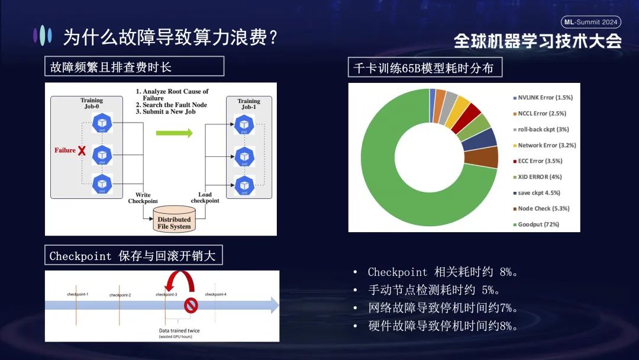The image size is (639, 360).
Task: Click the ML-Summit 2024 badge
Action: (590, 22)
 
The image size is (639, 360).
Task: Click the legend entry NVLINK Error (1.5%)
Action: (545, 98)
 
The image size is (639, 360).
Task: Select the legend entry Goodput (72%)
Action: (538, 224)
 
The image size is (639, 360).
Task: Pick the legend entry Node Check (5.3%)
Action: (543, 208)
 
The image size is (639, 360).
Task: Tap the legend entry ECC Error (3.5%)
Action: (540, 161)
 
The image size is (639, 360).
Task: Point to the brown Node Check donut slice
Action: (488, 157)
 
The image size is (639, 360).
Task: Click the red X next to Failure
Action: (82, 150)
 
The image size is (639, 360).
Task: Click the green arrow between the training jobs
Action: (174, 133)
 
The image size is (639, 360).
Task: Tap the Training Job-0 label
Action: (91, 104)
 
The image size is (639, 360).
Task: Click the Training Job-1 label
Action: (248, 104)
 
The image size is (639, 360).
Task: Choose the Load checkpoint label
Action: (205, 198)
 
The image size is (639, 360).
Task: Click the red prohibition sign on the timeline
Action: (191, 306)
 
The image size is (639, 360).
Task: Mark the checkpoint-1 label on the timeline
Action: (78, 294)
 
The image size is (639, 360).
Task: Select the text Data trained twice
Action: (175, 330)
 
